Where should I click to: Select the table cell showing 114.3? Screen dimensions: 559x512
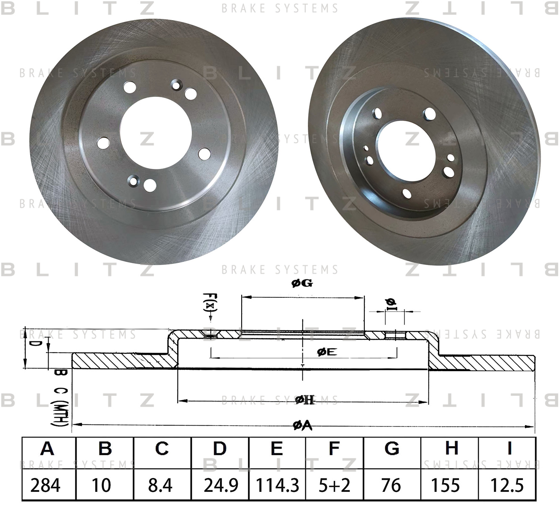point(277,485)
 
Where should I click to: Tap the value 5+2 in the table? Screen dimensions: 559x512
point(335,485)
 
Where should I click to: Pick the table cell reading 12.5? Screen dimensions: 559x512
point(507,485)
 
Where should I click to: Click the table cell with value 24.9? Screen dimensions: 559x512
point(220,485)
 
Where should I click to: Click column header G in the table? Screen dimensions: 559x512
point(392,448)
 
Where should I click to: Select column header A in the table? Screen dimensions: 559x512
point(47,448)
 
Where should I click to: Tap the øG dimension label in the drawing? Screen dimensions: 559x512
point(302,283)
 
